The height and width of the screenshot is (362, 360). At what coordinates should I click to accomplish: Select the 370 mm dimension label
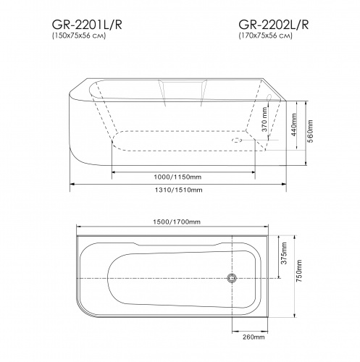tap(266, 125)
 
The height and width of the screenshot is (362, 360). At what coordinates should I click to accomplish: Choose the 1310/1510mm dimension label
tap(179, 189)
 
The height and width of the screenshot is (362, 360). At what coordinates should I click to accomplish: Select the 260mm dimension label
tap(249, 336)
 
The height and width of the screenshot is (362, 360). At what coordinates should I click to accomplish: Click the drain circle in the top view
tap(233, 279)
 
